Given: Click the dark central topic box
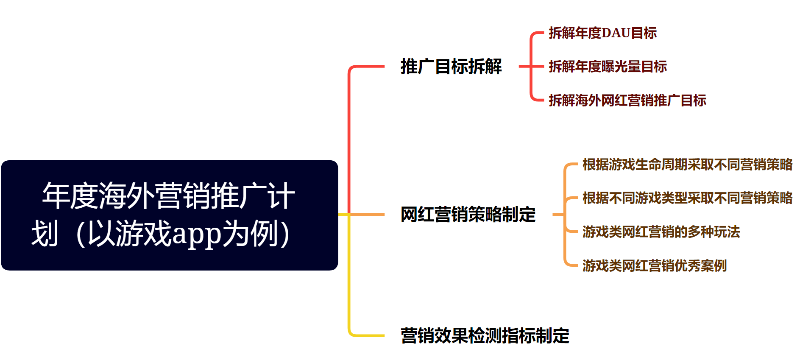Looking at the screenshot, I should [169, 215].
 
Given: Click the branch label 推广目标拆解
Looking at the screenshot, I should [451, 67].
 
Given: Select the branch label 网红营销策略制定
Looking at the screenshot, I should [468, 215].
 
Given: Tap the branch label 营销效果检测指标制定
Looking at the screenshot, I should [485, 335].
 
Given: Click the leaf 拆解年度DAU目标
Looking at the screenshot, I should [602, 33].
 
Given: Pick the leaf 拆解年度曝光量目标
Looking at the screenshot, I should [608, 67].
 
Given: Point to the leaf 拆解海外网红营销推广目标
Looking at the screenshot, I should [627, 100].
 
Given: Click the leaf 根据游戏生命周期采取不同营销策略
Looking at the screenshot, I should [687, 165].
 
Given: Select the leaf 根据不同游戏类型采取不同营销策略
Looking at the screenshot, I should [687, 198].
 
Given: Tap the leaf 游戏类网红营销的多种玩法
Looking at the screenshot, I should [661, 232].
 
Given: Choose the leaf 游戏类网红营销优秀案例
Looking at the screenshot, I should [654, 266].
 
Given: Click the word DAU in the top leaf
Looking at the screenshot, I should [616, 33].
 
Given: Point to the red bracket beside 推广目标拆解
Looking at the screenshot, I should [531, 67].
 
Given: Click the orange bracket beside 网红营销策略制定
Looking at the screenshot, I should [564, 215].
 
